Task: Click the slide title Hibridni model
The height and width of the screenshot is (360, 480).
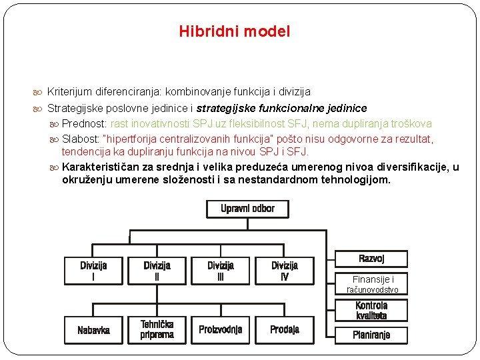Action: [234, 31]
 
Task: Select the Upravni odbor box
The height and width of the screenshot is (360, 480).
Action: [247, 209]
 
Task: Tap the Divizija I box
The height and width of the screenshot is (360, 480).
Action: [93, 271]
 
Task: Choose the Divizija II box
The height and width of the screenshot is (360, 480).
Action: [157, 271]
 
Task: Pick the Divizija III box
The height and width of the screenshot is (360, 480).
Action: [221, 271]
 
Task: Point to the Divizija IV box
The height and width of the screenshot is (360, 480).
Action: [285, 271]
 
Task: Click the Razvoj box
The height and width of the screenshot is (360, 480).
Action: [371, 259]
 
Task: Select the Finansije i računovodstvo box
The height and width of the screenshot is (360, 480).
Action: [373, 285]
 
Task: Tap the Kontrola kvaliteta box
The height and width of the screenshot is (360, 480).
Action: [371, 311]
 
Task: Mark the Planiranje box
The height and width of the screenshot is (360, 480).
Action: [371, 335]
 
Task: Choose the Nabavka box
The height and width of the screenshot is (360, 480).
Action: [93, 329]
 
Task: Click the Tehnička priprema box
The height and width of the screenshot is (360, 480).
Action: [157, 329]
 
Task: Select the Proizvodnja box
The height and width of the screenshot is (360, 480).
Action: [221, 329]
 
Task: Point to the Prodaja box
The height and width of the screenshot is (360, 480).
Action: [285, 329]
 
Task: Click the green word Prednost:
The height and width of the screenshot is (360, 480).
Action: [85, 123]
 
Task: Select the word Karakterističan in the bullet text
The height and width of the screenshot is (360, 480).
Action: [104, 167]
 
